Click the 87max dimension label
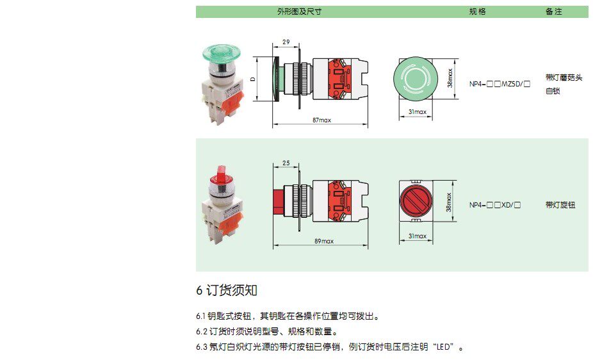321,120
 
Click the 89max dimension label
324,241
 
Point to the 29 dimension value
286,42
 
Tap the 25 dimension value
286,163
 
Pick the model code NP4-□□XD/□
494,205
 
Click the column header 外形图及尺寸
299,12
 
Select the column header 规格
478,12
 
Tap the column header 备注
553,12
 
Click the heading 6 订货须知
227,290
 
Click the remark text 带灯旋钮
560,205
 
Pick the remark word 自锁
553,92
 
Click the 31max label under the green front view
417,112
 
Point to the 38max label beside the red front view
450,202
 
